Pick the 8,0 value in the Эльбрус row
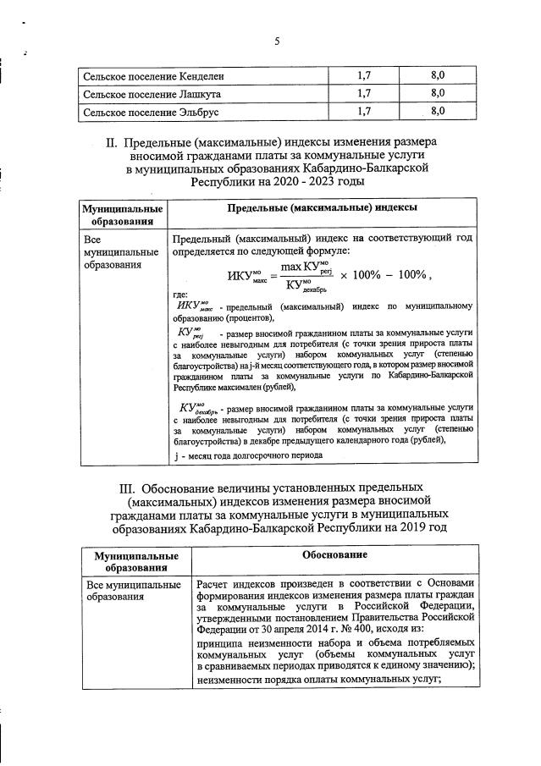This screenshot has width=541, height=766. pos(438,110)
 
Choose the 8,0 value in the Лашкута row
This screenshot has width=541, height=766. pos(438,93)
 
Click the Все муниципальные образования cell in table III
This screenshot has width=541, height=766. pos(134,590)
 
